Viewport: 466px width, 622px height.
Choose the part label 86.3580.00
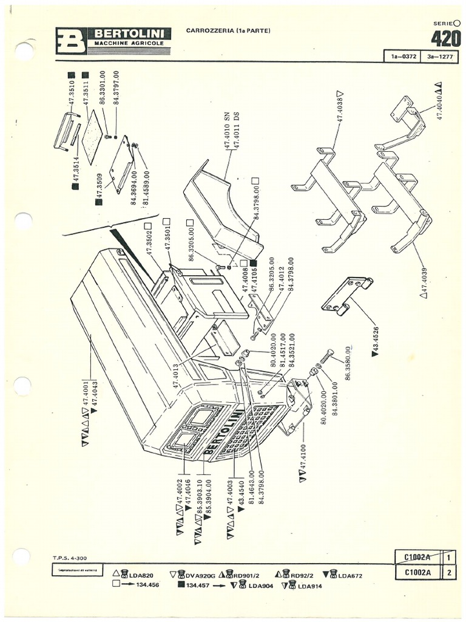point(349,363)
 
